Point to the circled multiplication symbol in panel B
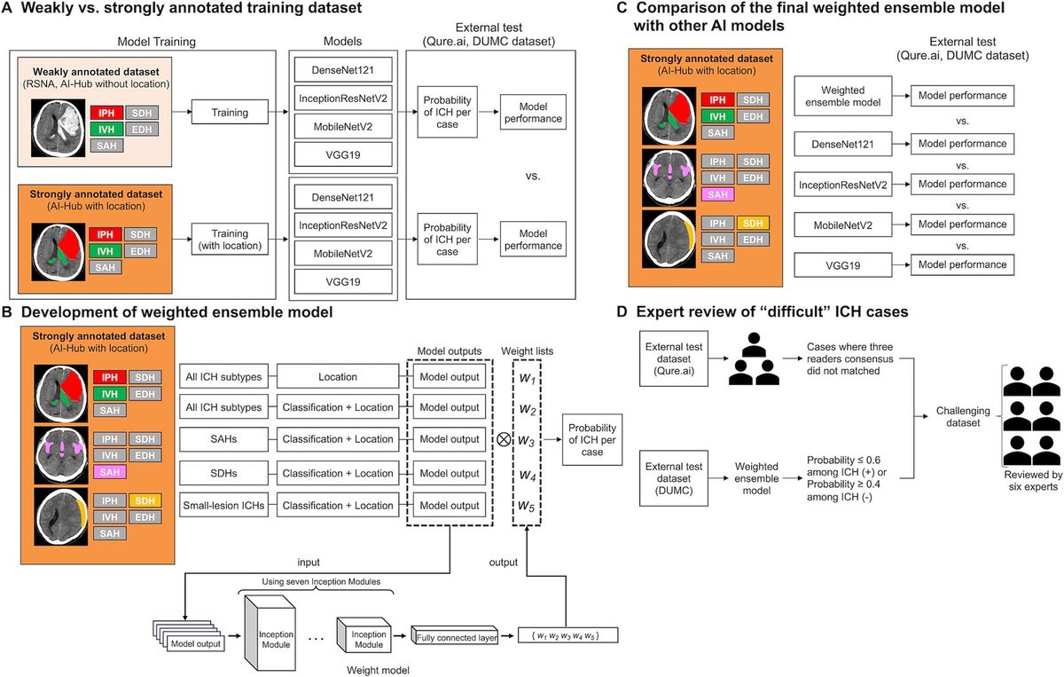[504, 440]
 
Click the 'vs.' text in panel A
[532, 176]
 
